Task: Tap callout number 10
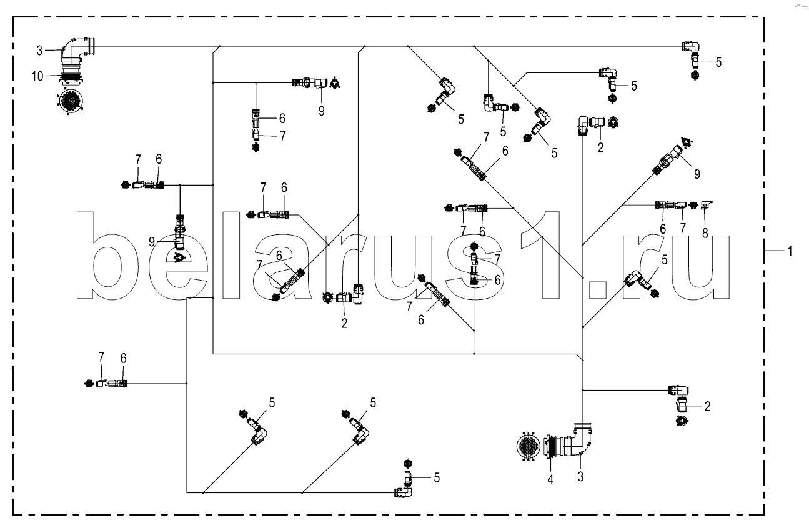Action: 38,76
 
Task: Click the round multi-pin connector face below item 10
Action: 70,101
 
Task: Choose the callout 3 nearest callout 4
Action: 581,477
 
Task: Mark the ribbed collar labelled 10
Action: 73,77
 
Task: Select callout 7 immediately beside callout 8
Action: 683,228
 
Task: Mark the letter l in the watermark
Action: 232,256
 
